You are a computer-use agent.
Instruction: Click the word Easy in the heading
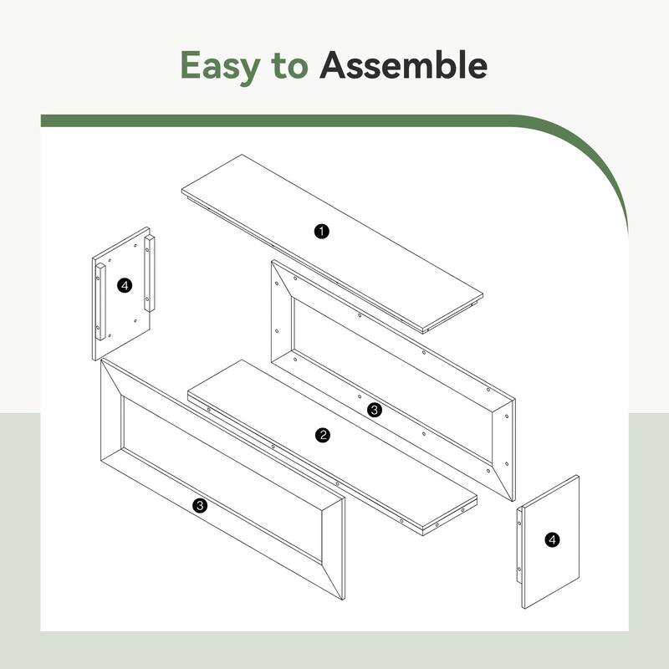coord(220,66)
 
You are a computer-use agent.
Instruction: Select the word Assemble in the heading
coord(403,64)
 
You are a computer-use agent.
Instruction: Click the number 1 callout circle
coord(322,232)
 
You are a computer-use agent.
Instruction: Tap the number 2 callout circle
coord(323,435)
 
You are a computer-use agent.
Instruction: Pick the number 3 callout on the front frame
coord(200,506)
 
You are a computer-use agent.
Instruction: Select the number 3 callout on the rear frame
coord(374,410)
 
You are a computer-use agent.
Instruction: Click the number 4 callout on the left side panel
coord(125,285)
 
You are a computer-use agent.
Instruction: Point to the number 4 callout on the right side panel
coord(552,539)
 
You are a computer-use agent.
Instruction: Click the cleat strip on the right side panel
coord(519,545)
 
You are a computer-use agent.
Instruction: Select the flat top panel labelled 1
coord(332,244)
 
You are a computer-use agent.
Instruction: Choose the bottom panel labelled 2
coord(332,447)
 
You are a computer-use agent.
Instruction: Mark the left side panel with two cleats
coord(123,294)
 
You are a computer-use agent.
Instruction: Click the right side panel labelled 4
coord(549,542)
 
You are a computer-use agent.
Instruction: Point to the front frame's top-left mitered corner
coord(101,360)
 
